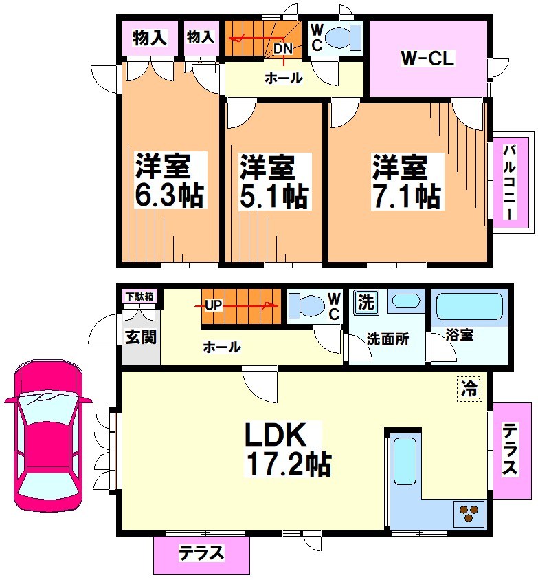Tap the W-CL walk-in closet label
(x=427, y=59)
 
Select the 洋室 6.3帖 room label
(x=169, y=180)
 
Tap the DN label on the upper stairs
(x=282, y=49)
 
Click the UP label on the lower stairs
(x=213, y=304)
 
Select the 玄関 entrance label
(x=141, y=337)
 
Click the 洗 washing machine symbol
(x=366, y=301)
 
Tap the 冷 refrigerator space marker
(x=470, y=388)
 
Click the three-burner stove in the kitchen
(x=470, y=512)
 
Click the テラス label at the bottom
(x=201, y=553)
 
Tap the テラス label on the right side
(x=509, y=451)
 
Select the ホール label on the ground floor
(x=221, y=347)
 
